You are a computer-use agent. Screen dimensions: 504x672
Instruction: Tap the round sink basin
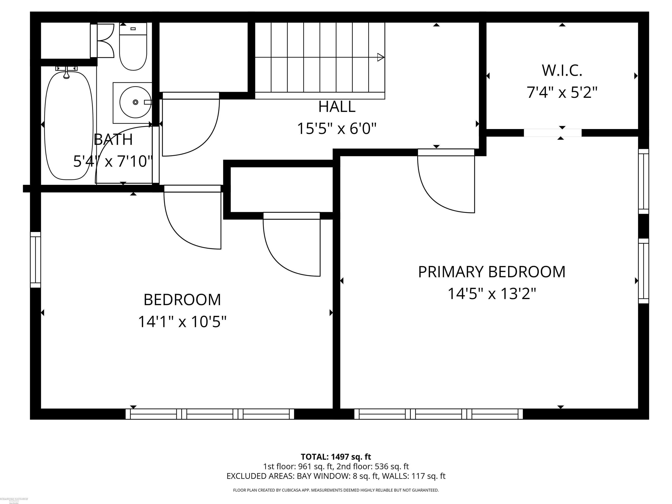[135, 102]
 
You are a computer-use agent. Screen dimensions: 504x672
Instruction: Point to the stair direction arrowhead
[380, 57]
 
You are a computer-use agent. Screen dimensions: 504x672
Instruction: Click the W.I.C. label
[562, 70]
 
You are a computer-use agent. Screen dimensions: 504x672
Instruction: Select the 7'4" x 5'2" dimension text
[562, 92]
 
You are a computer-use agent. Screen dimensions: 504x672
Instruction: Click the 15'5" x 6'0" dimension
[337, 128]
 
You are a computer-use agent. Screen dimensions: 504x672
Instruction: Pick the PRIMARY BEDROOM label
[492, 272]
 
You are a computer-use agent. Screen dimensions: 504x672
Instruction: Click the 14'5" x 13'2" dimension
[492, 294]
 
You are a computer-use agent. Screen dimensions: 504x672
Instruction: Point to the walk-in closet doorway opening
[552, 133]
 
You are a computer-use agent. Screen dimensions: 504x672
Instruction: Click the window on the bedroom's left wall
[35, 260]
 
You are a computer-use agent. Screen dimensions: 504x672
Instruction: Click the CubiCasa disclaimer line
[336, 490]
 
